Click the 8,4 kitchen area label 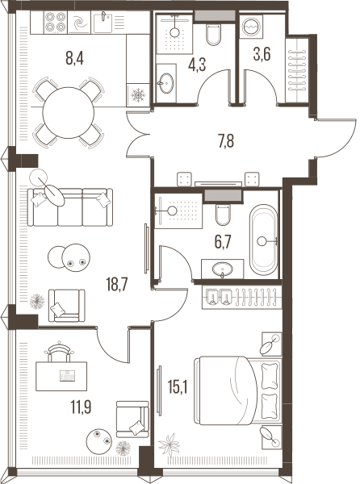75,58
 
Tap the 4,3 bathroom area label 197,65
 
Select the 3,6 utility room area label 262,55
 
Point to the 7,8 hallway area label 226,141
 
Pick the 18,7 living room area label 117,284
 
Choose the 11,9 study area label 82,407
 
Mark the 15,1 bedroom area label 178,386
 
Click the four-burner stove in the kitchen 56,22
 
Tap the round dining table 69,113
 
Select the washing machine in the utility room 251,27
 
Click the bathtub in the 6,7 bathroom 264,240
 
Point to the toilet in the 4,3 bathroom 213,35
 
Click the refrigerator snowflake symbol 138,95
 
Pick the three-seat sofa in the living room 70,207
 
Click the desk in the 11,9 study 61,376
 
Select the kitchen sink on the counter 103,23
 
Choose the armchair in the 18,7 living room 67,305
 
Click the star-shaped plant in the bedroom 169,444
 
